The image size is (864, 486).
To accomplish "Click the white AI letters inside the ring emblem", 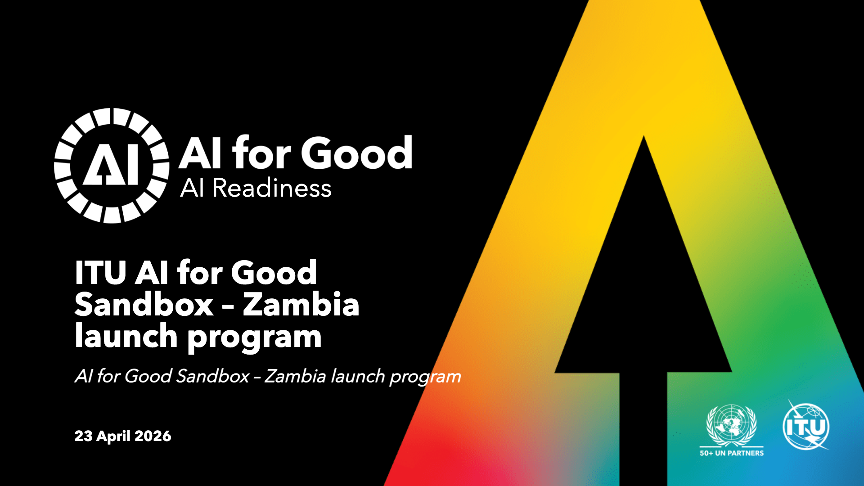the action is pos(111,165).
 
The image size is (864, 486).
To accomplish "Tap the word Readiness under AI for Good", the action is pos(272,188).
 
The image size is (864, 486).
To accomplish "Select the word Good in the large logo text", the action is pos(356,153).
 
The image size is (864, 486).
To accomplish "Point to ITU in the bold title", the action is pos(100,273).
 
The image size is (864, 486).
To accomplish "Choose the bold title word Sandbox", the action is pos(144,305).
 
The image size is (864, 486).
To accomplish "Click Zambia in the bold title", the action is pos(301,304).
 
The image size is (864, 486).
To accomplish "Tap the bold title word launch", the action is pos(126,336).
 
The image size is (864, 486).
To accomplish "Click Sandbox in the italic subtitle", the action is pos(212,376).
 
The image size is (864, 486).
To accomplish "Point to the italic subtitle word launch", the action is pos(358,376).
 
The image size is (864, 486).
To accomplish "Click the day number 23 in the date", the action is pos(83,436).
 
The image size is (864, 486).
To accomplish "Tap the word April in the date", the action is pos(113,436).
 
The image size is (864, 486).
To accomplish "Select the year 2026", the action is pos(153,436).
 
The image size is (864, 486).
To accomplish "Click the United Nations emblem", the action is pos(732,425).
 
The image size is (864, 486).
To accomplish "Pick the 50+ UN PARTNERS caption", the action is pos(732,453).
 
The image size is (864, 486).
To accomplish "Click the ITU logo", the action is pos(806,425).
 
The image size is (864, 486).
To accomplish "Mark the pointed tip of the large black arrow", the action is pos(643,136).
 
